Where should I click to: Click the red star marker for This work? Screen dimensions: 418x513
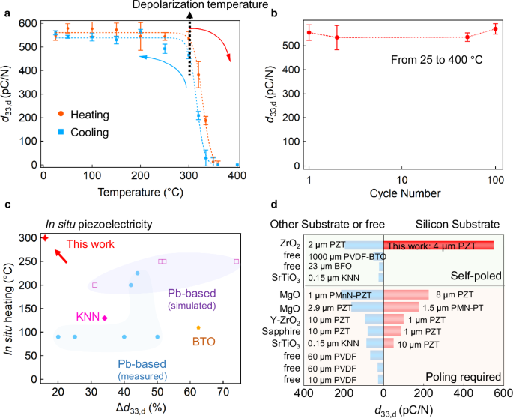[x=44, y=237]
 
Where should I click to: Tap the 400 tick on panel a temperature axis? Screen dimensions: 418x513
[x=237, y=175]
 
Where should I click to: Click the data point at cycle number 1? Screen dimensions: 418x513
[x=309, y=33]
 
